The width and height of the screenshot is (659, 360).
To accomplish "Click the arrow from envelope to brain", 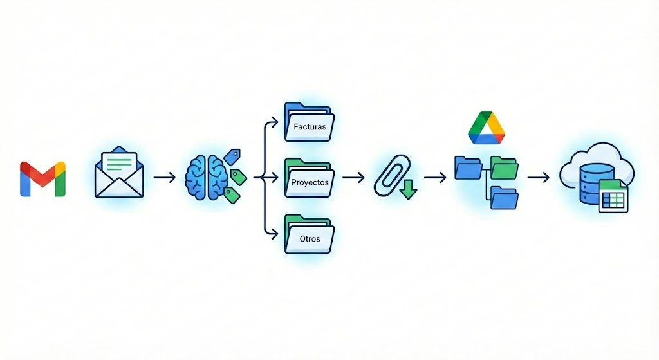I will click(163, 176).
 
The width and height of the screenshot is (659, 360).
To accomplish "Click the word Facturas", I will click(310, 127).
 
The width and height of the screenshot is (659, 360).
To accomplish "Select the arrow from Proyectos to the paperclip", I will click(353, 176).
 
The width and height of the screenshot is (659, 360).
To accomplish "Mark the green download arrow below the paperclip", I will click(409, 189).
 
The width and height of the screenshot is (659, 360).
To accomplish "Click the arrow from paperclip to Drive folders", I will click(435, 176).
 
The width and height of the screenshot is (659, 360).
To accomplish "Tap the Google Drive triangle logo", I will click(487, 128).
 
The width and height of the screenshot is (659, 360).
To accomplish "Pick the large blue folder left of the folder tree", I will click(469, 167).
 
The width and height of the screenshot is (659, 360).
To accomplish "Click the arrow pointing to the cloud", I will click(539, 177).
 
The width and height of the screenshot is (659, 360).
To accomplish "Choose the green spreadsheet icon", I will click(613, 195).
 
